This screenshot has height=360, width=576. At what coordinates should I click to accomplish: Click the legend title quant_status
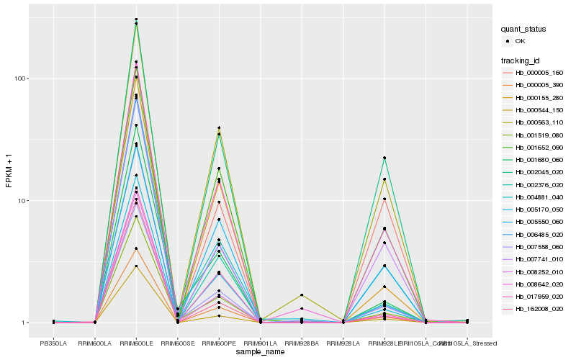tap(523, 29)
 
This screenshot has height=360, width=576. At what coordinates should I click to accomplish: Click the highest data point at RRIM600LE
tap(136, 19)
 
